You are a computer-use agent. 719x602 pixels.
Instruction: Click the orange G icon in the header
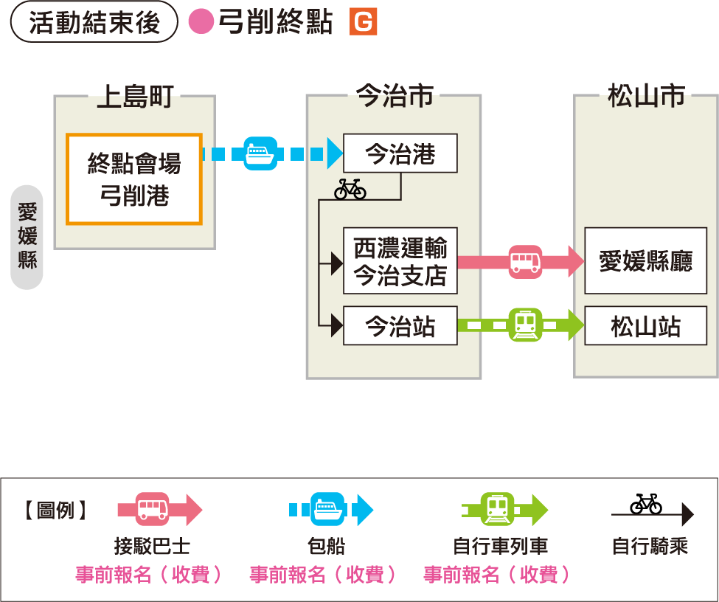pyautogui.click(x=363, y=23)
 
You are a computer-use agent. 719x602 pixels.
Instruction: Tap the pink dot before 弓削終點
pyautogui.click(x=201, y=22)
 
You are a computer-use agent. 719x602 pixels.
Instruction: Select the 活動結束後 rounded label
pyautogui.click(x=94, y=22)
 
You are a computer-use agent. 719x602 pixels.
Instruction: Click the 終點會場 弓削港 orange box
pyautogui.click(x=133, y=179)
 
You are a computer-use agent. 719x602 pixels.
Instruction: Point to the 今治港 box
pyautogui.click(x=400, y=153)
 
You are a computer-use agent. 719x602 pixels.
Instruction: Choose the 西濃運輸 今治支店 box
pyautogui.click(x=400, y=261)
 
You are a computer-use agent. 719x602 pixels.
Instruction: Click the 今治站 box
pyautogui.click(x=400, y=325)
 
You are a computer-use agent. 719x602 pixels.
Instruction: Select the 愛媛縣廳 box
pyautogui.click(x=645, y=261)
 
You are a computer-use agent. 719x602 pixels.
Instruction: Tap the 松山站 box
pyautogui.click(x=645, y=325)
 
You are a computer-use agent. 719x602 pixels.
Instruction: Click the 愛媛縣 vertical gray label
pyautogui.click(x=27, y=237)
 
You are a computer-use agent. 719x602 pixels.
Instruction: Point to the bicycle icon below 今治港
pyautogui.click(x=350, y=189)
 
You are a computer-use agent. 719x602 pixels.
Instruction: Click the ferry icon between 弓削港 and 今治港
pyautogui.click(x=260, y=154)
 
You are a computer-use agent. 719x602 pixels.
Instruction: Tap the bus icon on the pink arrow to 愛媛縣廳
pyautogui.click(x=525, y=262)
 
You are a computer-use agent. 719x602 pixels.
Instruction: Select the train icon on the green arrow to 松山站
pyautogui.click(x=525, y=325)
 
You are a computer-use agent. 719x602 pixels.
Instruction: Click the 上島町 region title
pyautogui.click(x=134, y=97)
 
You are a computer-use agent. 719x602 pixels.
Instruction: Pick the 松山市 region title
pyautogui.click(x=646, y=97)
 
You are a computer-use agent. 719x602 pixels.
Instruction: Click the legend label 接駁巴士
pyautogui.click(x=152, y=547)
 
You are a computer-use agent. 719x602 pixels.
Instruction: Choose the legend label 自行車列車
pyautogui.click(x=500, y=547)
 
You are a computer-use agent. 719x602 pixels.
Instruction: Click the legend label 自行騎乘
pyautogui.click(x=650, y=547)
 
